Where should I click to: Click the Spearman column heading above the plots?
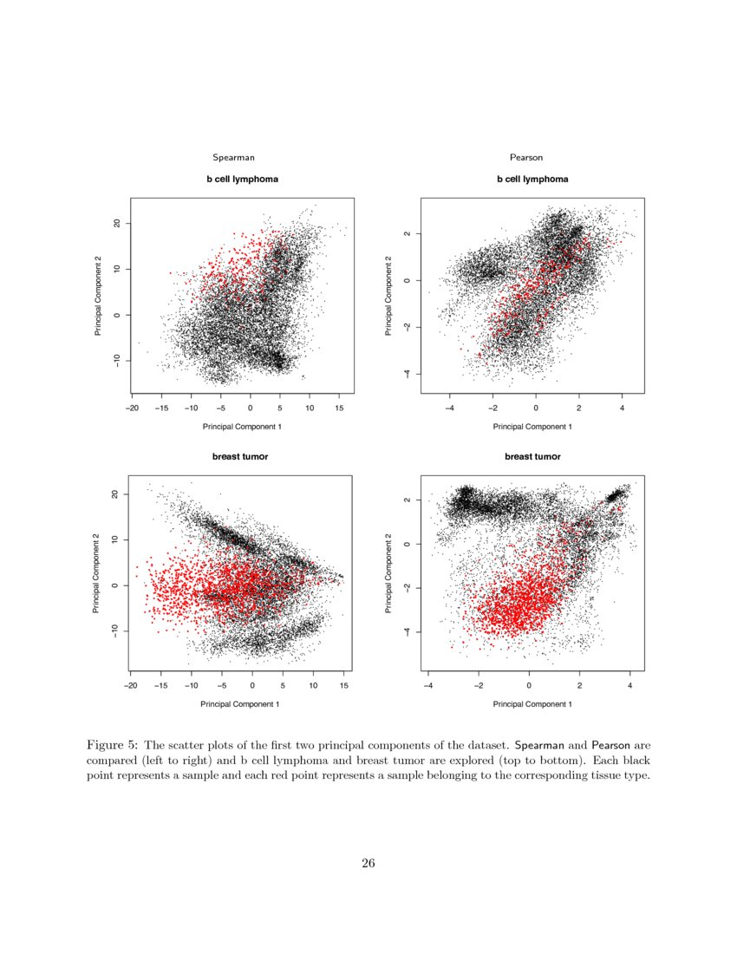(x=233, y=157)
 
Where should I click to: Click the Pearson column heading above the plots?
(x=526, y=157)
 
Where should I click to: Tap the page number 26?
(x=368, y=863)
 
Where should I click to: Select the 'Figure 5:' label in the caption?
(x=113, y=745)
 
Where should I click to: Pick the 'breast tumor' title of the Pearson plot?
(x=532, y=456)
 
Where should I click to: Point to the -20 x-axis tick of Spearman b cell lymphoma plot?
(x=132, y=406)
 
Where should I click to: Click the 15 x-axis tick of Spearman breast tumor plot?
(x=343, y=684)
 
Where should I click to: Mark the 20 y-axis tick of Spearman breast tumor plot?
(x=114, y=494)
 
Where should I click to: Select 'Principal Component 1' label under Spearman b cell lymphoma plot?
(x=241, y=427)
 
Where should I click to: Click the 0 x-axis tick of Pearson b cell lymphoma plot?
(x=536, y=406)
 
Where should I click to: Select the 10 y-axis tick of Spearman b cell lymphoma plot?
(x=114, y=269)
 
